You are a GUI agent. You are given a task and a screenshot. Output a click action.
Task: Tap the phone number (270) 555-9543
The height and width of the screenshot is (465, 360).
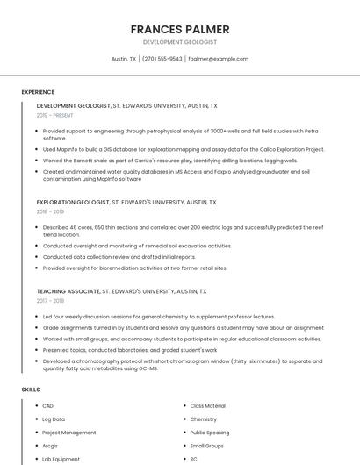coord(162,59)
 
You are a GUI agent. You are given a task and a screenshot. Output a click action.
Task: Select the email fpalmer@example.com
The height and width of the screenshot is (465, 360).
coord(218,59)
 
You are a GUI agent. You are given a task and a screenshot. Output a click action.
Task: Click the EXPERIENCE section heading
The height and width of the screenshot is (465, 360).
coord(38,91)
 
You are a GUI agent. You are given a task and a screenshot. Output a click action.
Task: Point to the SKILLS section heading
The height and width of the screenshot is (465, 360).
coord(31,389)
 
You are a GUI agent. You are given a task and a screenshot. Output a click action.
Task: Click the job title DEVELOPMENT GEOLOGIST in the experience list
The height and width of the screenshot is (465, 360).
coord(74,105)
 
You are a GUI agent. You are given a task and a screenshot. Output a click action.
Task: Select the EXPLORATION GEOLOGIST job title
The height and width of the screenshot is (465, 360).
coord(73,202)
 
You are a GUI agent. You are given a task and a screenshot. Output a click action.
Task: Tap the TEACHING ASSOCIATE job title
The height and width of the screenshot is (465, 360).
coord(68,290)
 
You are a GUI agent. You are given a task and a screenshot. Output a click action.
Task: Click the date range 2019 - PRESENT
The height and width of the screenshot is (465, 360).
coord(54,115)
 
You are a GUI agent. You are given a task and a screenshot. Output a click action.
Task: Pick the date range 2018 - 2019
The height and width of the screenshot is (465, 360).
coord(50,211)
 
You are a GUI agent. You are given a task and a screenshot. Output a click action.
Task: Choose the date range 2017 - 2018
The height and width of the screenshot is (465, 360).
coord(50,300)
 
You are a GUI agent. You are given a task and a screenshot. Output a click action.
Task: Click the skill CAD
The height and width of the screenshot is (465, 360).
coord(47,406)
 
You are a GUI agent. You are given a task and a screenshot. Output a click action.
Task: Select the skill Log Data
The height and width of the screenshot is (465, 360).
coord(54,419)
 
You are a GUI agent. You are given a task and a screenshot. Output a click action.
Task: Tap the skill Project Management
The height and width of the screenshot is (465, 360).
coord(68,433)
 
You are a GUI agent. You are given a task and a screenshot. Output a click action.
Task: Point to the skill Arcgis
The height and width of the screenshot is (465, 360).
coord(51,446)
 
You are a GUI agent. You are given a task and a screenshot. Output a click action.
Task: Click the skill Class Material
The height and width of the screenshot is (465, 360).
coord(207,406)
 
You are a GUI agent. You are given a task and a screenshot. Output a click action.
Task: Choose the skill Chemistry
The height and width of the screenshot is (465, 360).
coord(203,419)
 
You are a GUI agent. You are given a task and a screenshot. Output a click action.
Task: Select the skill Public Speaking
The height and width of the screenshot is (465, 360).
coord(209,433)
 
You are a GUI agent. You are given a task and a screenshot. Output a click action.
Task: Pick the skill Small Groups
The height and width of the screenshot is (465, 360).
coord(206,446)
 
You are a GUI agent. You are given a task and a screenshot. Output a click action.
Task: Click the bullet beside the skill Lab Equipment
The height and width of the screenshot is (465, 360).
coord(36,459)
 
